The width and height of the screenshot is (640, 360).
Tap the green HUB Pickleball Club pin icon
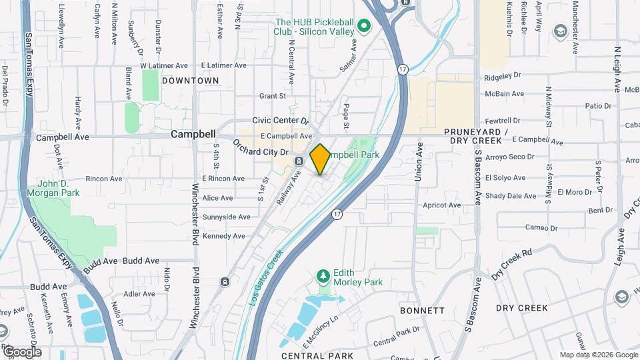364,27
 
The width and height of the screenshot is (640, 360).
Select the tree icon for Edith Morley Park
323,275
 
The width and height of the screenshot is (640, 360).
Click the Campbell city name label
193,134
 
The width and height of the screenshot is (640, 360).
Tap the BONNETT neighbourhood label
422,311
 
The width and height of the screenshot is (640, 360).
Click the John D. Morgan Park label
53,188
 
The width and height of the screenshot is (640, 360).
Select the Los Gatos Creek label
266,277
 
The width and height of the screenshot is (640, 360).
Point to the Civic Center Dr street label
281,121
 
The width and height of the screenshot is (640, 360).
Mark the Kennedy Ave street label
225,236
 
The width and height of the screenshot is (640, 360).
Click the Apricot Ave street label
441,205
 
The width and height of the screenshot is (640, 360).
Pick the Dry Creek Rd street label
513,264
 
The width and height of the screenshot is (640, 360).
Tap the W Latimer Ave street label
164,65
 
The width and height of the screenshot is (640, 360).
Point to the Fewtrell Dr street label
502,121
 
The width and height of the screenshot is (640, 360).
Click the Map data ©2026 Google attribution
598,355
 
